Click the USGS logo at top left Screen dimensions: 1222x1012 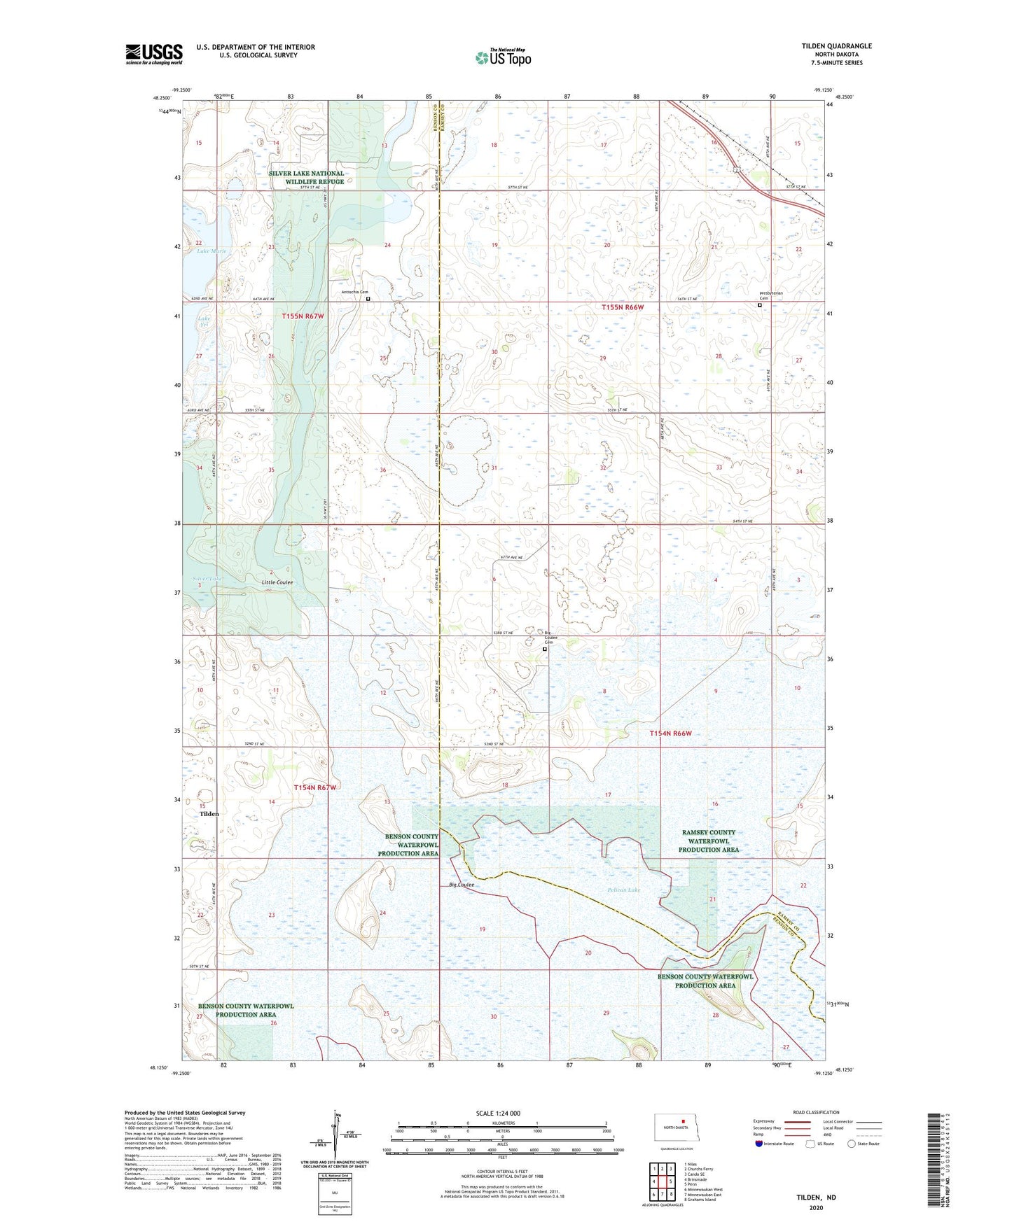153,54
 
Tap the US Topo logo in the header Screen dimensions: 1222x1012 502,57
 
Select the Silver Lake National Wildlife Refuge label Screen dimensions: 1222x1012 306,177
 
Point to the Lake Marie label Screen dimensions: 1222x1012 211,251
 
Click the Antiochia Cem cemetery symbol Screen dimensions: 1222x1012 368,299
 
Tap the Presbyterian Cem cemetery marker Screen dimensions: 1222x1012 760,305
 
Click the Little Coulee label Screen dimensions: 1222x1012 277,582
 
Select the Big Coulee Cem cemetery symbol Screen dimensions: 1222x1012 545,649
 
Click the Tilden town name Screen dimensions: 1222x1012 209,814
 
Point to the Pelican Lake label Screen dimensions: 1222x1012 623,890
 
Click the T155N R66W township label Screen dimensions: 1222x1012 632,307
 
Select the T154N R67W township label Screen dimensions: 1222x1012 315,787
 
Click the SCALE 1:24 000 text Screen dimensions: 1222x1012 498,1113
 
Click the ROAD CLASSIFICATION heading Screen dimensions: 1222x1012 816,1112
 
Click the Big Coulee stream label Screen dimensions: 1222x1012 462,885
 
